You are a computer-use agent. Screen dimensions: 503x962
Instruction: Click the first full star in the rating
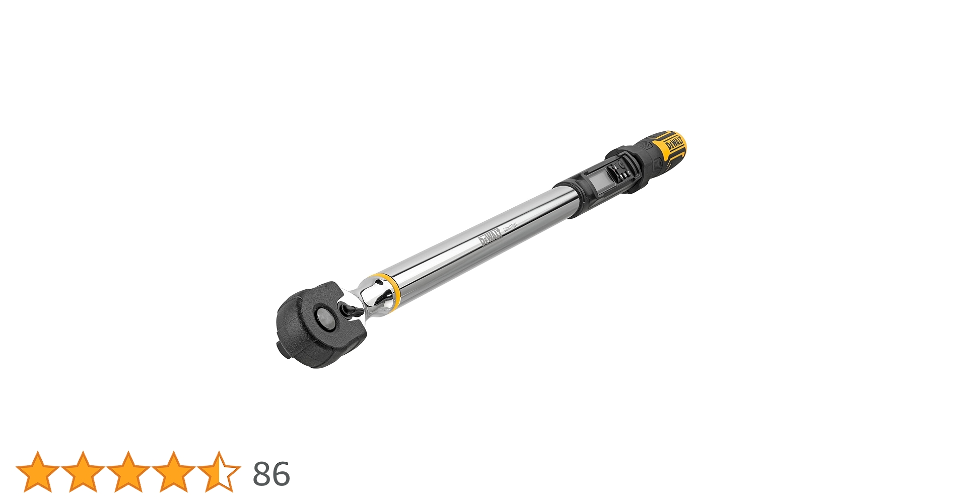tap(37, 472)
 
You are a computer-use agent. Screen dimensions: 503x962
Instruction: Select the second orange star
tap(83, 472)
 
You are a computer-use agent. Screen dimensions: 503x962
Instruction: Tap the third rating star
tap(128, 472)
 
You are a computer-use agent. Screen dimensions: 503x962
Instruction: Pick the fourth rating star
tap(173, 472)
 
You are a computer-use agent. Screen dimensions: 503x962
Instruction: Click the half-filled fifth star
tap(219, 472)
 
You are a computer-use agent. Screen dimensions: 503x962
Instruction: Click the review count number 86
tap(271, 474)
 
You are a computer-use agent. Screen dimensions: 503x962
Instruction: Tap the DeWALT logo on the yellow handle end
tap(674, 143)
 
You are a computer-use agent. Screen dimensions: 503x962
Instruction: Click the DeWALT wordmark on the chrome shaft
tap(490, 237)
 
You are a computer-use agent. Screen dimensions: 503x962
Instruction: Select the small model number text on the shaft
tap(510, 224)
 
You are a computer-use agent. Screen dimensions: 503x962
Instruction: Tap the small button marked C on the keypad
tap(629, 174)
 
